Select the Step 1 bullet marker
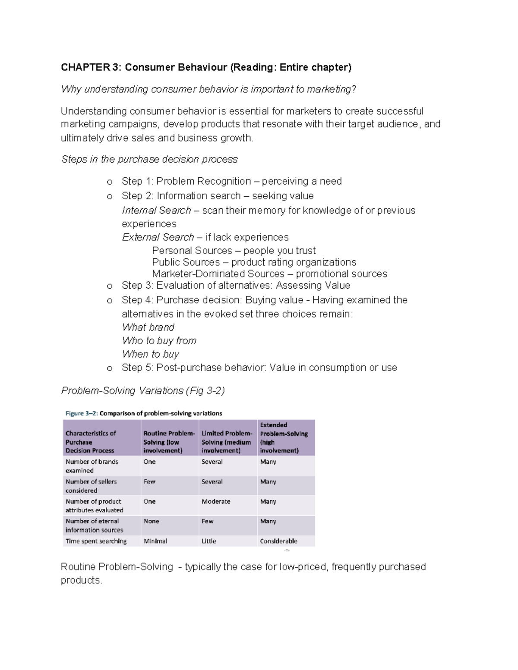[x=110, y=182]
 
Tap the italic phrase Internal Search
[x=156, y=211]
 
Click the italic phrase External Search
[x=158, y=237]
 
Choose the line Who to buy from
[x=159, y=341]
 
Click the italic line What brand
[x=148, y=327]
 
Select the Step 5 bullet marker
[x=110, y=368]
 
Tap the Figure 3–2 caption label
[x=82, y=413]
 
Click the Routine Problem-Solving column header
[x=169, y=442]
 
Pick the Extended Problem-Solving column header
[x=284, y=437]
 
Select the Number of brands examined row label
[x=92, y=466]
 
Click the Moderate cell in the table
[x=216, y=501]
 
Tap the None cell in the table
[x=151, y=521]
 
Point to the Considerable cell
[x=278, y=541]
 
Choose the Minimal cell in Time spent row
[x=155, y=541]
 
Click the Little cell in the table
[x=208, y=541]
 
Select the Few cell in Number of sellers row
[x=149, y=481]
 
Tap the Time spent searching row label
[x=96, y=541]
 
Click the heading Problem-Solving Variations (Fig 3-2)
[x=143, y=391]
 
